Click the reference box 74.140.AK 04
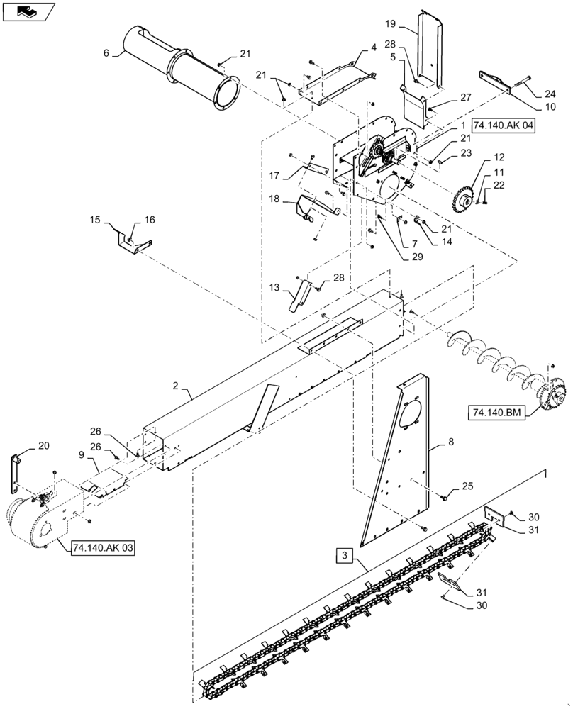(x=503, y=125)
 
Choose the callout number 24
(x=550, y=93)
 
